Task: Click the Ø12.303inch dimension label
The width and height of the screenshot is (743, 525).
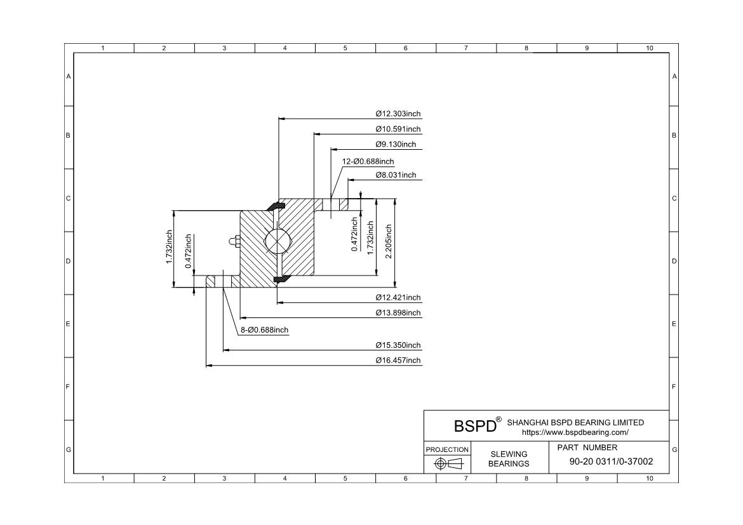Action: (398, 114)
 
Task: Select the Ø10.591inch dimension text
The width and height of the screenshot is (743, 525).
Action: (398, 130)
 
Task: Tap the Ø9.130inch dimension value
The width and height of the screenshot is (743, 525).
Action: (396, 145)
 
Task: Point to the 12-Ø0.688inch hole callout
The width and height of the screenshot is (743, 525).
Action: (368, 162)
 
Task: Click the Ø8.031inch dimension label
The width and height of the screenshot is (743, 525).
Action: (396, 175)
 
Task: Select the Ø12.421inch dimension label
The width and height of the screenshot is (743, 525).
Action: (398, 298)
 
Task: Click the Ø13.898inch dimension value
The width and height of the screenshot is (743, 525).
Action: (398, 313)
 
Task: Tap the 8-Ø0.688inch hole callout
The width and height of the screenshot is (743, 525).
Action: (264, 330)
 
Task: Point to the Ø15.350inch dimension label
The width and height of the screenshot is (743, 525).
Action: (398, 345)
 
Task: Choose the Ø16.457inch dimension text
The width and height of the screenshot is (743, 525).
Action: (398, 361)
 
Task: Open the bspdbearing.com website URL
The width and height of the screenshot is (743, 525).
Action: (575, 432)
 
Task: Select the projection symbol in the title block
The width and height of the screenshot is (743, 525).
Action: (448, 464)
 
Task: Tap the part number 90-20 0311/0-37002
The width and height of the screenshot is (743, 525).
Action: (611, 462)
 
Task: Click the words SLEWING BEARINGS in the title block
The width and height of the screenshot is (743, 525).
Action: (508, 458)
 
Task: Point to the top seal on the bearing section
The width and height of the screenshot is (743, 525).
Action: (278, 205)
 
